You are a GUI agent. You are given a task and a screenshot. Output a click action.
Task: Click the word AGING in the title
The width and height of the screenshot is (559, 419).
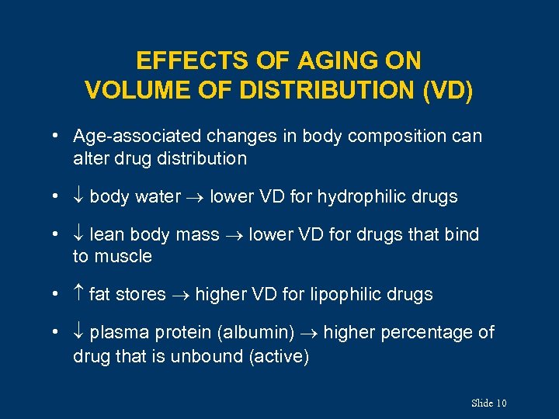point(309,61)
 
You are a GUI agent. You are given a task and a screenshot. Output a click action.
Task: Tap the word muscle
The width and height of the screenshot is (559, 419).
point(123,257)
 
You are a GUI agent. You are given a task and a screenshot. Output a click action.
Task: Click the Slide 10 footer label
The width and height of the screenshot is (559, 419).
point(488,403)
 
